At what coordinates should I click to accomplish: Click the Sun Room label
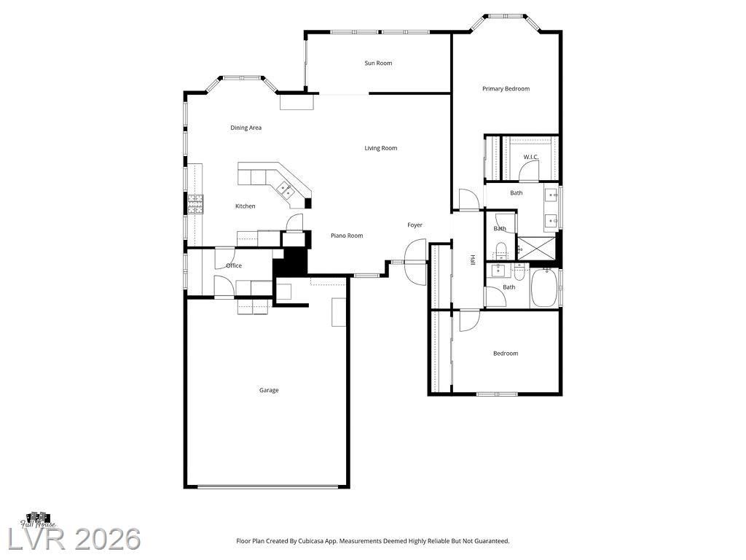[378, 63]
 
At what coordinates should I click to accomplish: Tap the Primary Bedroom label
[506, 88]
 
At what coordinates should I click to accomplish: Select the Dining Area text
[246, 128]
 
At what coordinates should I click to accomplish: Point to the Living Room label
[380, 148]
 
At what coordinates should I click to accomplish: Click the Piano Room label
[347, 236]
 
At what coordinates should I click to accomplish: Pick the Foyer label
[415, 225]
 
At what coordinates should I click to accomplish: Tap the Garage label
[269, 390]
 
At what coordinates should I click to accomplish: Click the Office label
[234, 265]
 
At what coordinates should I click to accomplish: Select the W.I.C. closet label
[531, 157]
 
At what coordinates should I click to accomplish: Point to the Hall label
[473, 260]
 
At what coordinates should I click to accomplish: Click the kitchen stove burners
[195, 204]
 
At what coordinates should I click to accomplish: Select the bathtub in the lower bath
[543, 287]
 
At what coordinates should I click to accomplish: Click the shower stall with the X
[536, 248]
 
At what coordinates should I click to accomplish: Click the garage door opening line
[267, 486]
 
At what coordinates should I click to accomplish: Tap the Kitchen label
[246, 206]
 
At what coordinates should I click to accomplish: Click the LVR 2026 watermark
[74, 540]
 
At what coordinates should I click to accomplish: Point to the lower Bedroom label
[506, 354]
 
